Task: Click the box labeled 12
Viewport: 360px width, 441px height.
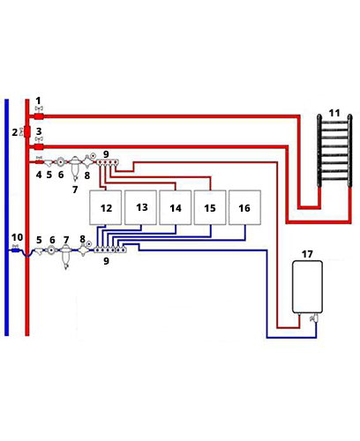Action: click(x=105, y=207)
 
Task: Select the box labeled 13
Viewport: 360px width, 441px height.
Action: click(x=140, y=207)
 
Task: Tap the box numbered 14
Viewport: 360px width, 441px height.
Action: click(x=176, y=207)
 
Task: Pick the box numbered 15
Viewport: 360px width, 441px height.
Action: click(x=210, y=207)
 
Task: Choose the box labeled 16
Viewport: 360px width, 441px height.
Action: click(x=244, y=207)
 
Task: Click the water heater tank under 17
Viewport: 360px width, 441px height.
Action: click(x=307, y=286)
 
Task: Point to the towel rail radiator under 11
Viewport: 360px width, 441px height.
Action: click(x=334, y=151)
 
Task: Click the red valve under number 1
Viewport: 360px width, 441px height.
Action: click(x=39, y=116)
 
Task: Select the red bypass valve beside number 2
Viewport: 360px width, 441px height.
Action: click(x=27, y=132)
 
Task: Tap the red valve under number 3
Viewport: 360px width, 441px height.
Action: click(x=39, y=146)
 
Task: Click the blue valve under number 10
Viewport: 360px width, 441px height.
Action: click(x=15, y=250)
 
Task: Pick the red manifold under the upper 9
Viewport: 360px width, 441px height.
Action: click(x=108, y=161)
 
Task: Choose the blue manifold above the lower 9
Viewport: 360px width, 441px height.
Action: click(x=110, y=250)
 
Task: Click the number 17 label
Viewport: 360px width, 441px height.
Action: click(x=307, y=254)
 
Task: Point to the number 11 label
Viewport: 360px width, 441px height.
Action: click(x=334, y=113)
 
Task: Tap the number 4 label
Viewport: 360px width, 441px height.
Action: click(x=39, y=175)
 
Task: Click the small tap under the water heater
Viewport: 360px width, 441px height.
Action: click(x=314, y=318)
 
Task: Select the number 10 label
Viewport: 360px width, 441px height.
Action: click(x=17, y=237)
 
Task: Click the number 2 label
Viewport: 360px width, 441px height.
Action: click(x=15, y=132)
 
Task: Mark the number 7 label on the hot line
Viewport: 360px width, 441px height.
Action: click(x=75, y=190)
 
